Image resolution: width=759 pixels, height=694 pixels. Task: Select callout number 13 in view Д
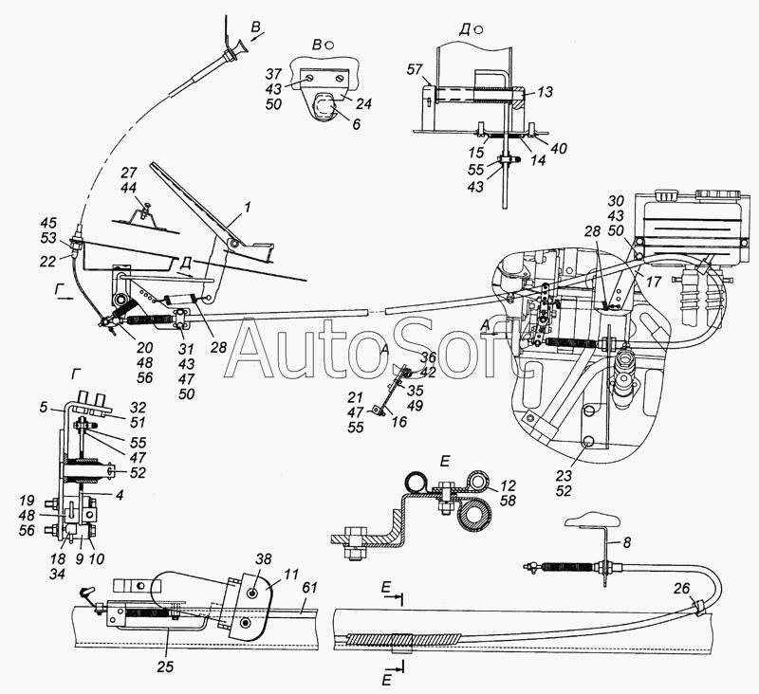pos(546,93)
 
